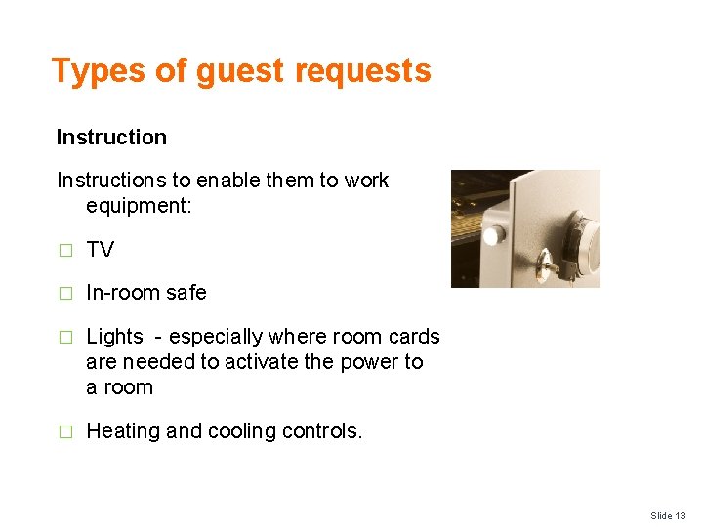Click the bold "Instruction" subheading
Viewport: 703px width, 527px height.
(x=111, y=138)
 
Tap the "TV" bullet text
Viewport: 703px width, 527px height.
(x=101, y=250)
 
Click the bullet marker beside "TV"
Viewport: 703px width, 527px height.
(x=65, y=250)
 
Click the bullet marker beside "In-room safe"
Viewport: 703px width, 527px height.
(x=65, y=293)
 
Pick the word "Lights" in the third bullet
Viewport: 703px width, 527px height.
(x=115, y=337)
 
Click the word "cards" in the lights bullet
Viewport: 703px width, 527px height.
(x=414, y=337)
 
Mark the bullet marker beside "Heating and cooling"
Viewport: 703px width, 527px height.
(x=65, y=431)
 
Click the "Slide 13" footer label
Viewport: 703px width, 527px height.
(x=668, y=515)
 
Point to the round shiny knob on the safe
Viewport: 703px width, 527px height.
(x=495, y=235)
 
